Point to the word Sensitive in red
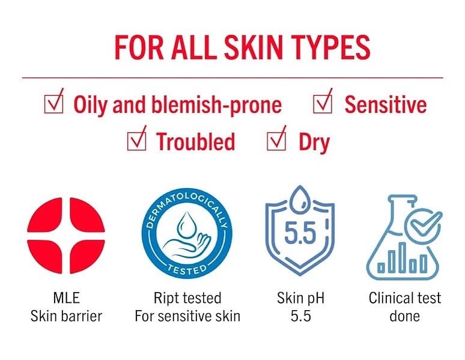pyautogui.click(x=385, y=105)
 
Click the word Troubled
pyautogui.click(x=195, y=142)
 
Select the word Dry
pyautogui.click(x=314, y=142)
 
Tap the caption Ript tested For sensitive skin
pyautogui.click(x=187, y=307)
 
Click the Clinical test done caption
pyautogui.click(x=404, y=307)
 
